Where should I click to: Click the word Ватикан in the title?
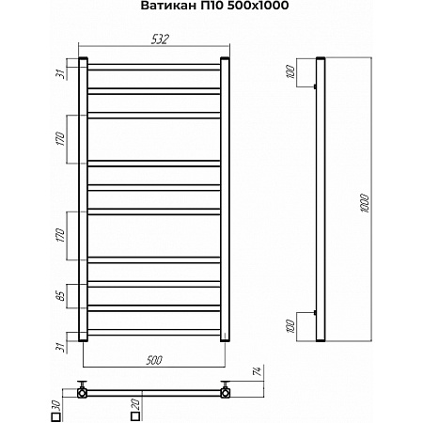[163, 8]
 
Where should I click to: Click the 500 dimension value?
[155, 359]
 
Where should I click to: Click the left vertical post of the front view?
[84, 200]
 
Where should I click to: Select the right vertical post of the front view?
[225, 200]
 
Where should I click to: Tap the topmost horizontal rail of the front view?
[154, 66]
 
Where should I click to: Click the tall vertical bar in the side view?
[321, 200]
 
